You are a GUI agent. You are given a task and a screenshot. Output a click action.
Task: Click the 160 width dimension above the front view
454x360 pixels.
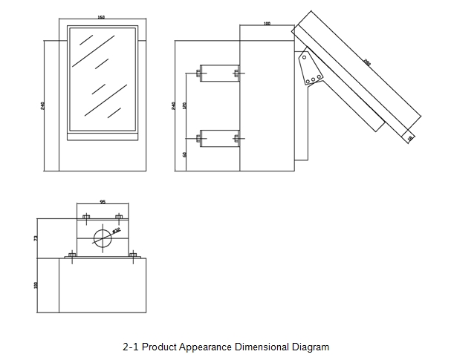pos(101,18)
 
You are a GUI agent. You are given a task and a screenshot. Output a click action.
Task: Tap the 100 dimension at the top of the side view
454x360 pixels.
pos(267,24)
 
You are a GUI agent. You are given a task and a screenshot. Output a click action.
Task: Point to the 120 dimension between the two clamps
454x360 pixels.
pos(185,105)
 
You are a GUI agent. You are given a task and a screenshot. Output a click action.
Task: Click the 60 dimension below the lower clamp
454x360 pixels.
pos(185,154)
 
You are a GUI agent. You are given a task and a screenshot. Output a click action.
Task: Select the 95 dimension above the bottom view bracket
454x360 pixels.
pos(102,201)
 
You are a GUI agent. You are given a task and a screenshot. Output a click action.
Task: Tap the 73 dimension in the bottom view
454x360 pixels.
pos(36,238)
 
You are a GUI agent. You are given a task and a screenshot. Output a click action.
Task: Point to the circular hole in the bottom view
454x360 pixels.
pos(101,238)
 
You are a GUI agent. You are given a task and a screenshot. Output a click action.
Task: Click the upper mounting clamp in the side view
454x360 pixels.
pos(218,73)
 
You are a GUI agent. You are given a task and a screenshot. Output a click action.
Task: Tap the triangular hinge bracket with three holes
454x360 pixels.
pos(309,69)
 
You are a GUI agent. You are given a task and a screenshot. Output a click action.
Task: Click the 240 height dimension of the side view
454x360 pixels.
pos(174,105)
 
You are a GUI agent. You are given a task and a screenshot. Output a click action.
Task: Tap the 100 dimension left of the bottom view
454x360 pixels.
pos(36,285)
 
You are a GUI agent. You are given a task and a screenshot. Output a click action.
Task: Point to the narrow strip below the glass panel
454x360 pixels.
pos(102,136)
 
